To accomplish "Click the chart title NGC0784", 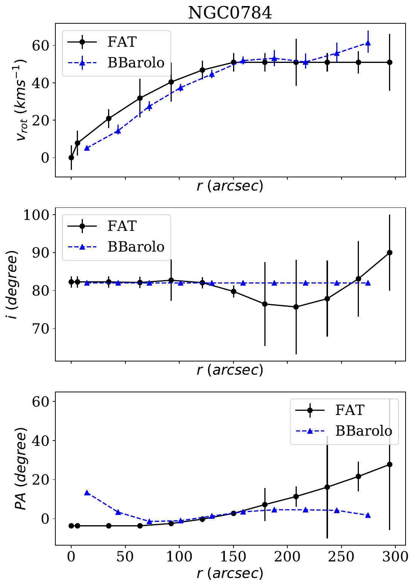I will pyautogui.click(x=230, y=13).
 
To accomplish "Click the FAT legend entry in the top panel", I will pyautogui.click(x=122, y=42).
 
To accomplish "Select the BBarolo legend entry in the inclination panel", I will pyautogui.click(x=136, y=247).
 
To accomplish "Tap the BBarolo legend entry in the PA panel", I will pyautogui.click(x=363, y=431).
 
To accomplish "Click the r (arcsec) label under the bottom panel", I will pyautogui.click(x=230, y=573).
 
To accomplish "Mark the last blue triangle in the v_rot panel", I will pyautogui.click(x=368, y=43).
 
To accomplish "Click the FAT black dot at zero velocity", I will pyautogui.click(x=71, y=157).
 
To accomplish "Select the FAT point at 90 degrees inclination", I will pyautogui.click(x=389, y=253).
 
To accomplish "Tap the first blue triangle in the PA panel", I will pyautogui.click(x=87, y=493).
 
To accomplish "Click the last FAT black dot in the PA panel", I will pyautogui.click(x=389, y=465).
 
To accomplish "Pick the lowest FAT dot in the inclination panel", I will pyautogui.click(x=296, y=307).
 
